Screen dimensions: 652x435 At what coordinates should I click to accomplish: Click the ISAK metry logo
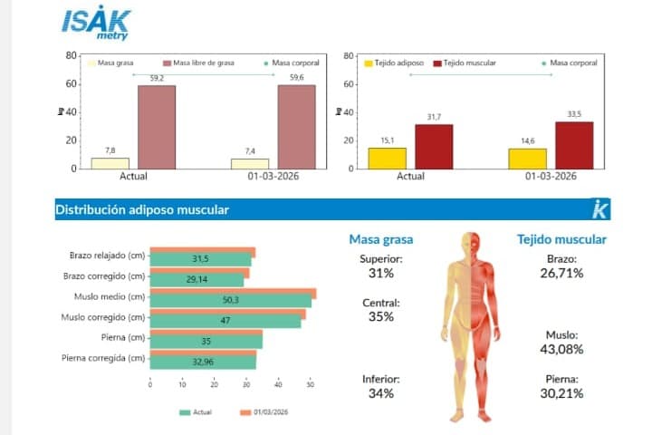(x=96, y=24)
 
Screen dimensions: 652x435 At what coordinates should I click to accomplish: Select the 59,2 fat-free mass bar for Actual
(x=157, y=127)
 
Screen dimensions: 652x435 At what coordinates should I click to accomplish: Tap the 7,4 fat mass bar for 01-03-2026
(x=250, y=164)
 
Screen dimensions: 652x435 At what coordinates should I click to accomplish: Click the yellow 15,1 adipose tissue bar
(x=388, y=159)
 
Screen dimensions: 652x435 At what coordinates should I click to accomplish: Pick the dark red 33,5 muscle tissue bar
(x=574, y=145)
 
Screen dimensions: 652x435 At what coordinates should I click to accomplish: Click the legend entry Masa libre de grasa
(x=198, y=63)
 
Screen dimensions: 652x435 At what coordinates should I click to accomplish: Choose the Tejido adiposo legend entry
(x=394, y=63)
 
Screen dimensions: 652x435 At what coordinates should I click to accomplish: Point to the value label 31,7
(x=434, y=117)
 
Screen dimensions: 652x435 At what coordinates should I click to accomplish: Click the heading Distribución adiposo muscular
(x=142, y=209)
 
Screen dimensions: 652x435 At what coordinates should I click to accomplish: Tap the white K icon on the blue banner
(x=599, y=209)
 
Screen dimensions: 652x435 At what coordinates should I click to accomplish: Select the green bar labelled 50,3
(x=231, y=300)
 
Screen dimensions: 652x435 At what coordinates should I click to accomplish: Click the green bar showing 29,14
(x=197, y=280)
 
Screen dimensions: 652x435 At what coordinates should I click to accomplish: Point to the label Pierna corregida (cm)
(x=103, y=358)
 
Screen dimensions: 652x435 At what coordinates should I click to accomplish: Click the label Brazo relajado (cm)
(x=107, y=256)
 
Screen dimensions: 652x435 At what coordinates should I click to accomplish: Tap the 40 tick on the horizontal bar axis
(x=278, y=384)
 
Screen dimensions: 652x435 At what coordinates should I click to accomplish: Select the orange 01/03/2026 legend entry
(x=264, y=412)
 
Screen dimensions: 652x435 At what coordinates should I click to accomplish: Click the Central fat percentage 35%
(x=381, y=316)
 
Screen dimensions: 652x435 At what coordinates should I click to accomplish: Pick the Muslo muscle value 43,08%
(x=561, y=349)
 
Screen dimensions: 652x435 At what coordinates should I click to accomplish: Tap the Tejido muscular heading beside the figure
(x=561, y=239)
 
